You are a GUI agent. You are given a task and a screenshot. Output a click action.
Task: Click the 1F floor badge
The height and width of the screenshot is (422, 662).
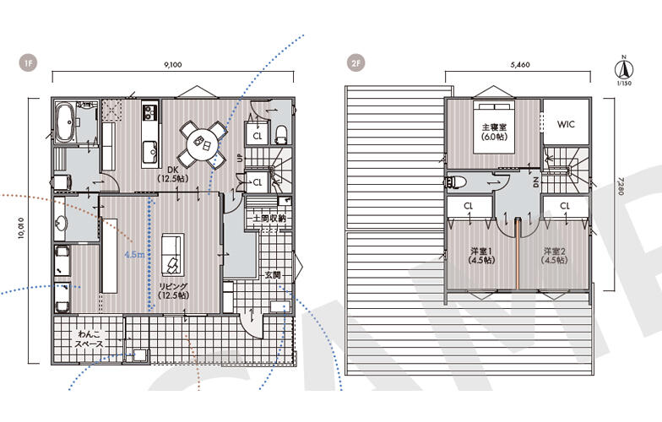pyautogui.click(x=29, y=64)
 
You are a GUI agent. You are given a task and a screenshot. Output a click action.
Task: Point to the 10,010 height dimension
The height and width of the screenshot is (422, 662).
pyautogui.click(x=21, y=230)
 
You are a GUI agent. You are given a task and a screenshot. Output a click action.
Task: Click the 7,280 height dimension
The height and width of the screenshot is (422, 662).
pyautogui.click(x=618, y=186)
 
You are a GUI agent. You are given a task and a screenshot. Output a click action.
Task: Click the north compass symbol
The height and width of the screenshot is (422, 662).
pyautogui.click(x=623, y=69)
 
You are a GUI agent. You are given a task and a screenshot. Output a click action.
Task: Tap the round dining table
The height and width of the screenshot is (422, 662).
pyautogui.click(x=203, y=143)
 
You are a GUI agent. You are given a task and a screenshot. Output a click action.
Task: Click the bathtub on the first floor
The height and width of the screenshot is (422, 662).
pyautogui.click(x=65, y=122)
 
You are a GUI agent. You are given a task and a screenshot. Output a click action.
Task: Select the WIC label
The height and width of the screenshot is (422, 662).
pyautogui.click(x=566, y=125)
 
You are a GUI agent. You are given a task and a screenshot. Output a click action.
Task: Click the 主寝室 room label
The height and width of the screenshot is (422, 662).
pyautogui.click(x=495, y=127)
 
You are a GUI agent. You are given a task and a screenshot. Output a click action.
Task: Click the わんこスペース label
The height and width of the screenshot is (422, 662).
pyautogui.click(x=90, y=339)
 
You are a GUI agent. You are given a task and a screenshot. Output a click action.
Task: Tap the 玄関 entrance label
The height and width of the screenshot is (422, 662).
pyautogui.click(x=273, y=275)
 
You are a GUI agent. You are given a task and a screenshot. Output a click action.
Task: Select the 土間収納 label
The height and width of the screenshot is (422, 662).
pyautogui.click(x=269, y=218)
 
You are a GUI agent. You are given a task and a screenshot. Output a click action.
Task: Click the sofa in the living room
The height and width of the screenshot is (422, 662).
pyautogui.click(x=172, y=255)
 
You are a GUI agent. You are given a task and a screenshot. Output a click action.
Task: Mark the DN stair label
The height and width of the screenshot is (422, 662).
pyautogui.click(x=535, y=182)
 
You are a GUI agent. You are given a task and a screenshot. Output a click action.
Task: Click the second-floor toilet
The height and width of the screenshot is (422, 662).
pyautogui.click(x=456, y=182)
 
